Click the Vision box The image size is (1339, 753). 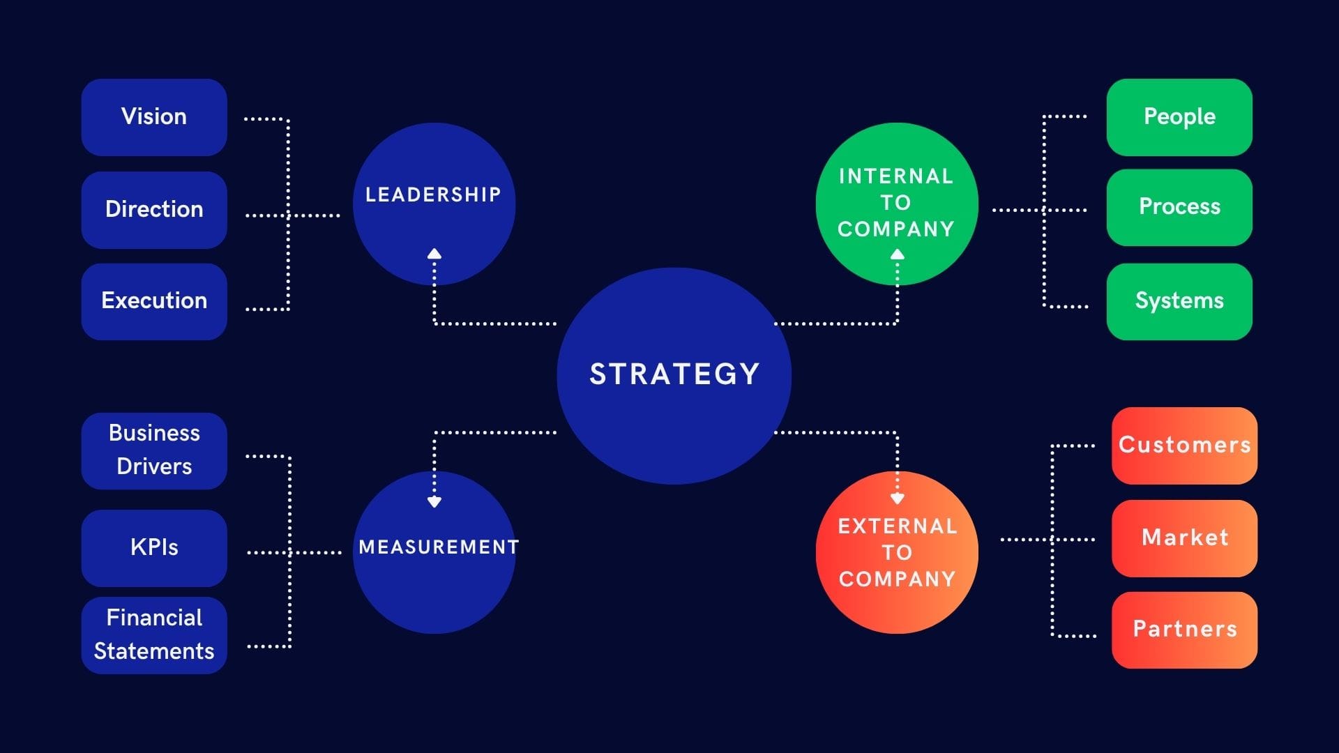pos(154,116)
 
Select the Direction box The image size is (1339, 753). pos(154,209)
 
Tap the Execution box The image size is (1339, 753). pos(154,301)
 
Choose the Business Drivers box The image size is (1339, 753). pos(154,450)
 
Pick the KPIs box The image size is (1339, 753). pos(154,547)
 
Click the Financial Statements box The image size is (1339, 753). pos(154,634)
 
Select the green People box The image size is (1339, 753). pos(1179,116)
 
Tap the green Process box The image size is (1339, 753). pos(1179,206)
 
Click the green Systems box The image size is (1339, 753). pos(1179,301)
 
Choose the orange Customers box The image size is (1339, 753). pos(1184,445)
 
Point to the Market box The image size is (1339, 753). pos(1184,538)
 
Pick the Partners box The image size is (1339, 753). pos(1184,629)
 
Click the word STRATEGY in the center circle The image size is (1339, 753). pos(674,374)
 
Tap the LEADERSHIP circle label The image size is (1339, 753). pos(433,195)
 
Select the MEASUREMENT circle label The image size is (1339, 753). pos(439,547)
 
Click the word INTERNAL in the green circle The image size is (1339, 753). pos(896,176)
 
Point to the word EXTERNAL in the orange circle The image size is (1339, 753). pos(898,526)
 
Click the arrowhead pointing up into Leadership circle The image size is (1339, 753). pos(434,254)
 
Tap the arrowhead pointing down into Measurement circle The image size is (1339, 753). pos(434,501)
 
